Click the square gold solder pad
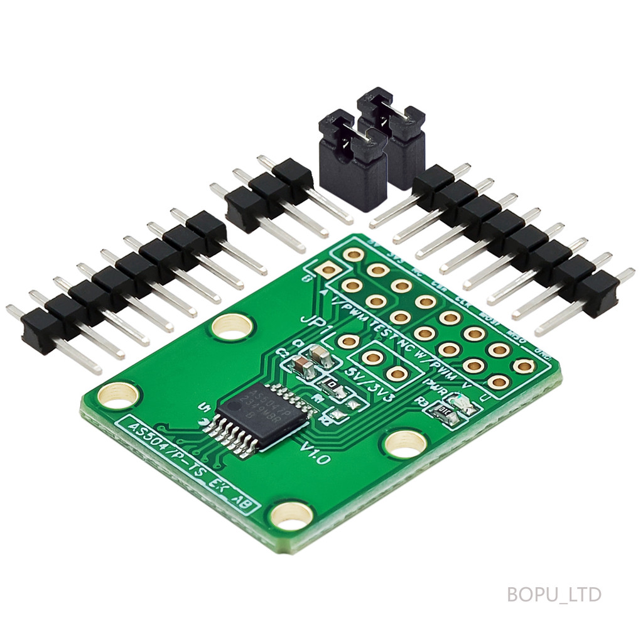click(x=328, y=271)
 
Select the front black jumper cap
click(x=352, y=160)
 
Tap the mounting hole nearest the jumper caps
click(x=232, y=327)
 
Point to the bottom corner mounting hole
click(x=291, y=516)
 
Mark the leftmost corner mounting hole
click(x=119, y=396)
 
